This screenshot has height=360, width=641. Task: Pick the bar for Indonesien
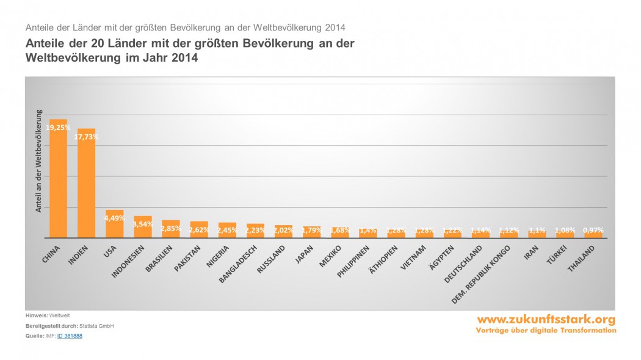(143, 228)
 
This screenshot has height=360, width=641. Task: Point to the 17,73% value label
(87, 137)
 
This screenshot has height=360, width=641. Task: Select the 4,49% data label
(115, 218)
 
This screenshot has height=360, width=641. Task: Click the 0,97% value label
(593, 230)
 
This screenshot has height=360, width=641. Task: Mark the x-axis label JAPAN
(303, 255)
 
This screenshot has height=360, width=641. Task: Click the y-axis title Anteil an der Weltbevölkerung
(38, 161)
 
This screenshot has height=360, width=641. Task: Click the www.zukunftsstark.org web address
(546, 319)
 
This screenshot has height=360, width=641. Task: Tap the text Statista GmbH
(96, 326)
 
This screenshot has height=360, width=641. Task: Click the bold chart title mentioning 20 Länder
(189, 50)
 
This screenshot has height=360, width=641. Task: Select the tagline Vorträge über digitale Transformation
(546, 330)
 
